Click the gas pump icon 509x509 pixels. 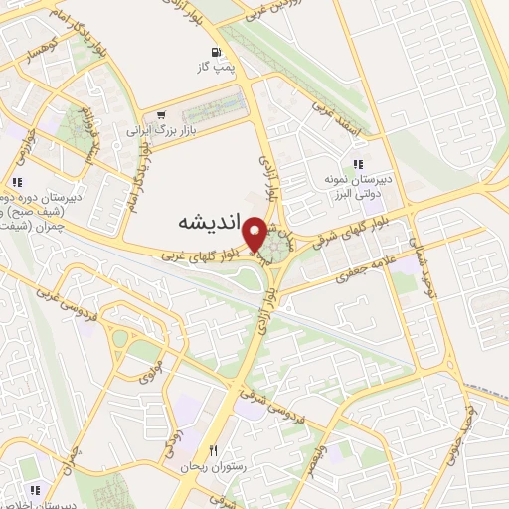click(x=215, y=52)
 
